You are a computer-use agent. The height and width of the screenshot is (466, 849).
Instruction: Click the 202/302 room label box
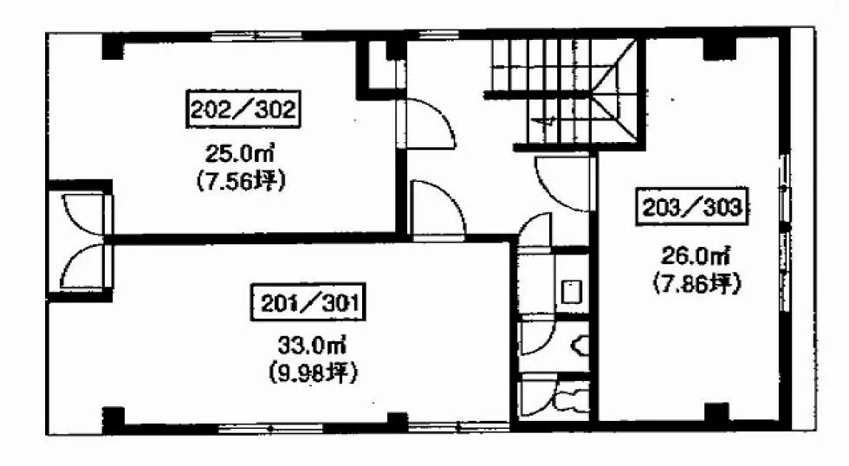[243, 109]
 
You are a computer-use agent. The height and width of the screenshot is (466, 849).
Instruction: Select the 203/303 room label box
[691, 207]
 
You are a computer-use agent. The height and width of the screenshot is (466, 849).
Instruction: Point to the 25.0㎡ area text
[238, 155]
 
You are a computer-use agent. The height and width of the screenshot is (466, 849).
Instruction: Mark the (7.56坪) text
[240, 181]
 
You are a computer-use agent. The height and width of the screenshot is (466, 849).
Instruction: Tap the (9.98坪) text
[313, 373]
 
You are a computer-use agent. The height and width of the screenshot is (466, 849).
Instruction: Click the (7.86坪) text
[697, 283]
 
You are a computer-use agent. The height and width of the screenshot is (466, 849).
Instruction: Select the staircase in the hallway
[563, 91]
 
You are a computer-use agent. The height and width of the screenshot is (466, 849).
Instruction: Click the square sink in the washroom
[571, 292]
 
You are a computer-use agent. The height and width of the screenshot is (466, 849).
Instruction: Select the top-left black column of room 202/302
[113, 47]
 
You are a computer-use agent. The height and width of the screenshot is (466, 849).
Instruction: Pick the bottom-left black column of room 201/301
[113, 419]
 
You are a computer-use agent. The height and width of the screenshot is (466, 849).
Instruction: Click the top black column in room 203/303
[720, 49]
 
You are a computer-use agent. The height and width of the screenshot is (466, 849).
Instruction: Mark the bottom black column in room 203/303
[717, 412]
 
